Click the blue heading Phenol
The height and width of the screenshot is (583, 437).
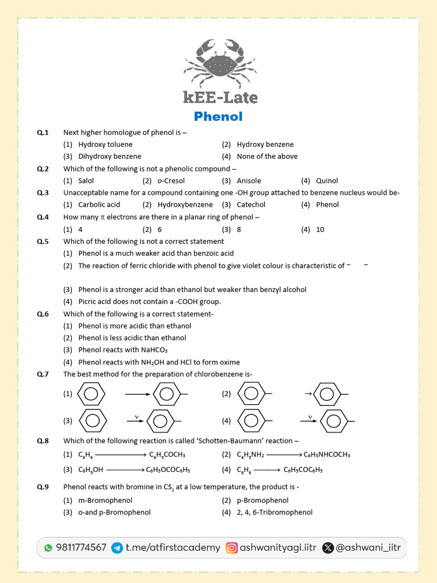coord(218,117)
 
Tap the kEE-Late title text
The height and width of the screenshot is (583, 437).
coord(220,97)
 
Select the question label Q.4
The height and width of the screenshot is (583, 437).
coord(43,217)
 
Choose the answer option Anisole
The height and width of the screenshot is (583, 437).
coord(249,181)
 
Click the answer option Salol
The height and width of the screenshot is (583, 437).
coord(86,181)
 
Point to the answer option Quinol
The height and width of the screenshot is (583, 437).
coord(327,181)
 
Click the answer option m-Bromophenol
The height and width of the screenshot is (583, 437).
coord(105,500)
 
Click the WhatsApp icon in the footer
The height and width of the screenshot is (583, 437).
coord(48,548)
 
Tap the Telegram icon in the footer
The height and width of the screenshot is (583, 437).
coord(117,548)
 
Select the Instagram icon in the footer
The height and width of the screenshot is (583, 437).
coord(232,548)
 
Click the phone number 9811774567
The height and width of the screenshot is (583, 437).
coord(81,548)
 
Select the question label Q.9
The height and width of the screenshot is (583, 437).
coord(43,487)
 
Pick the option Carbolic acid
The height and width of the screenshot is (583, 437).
coord(99,205)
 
